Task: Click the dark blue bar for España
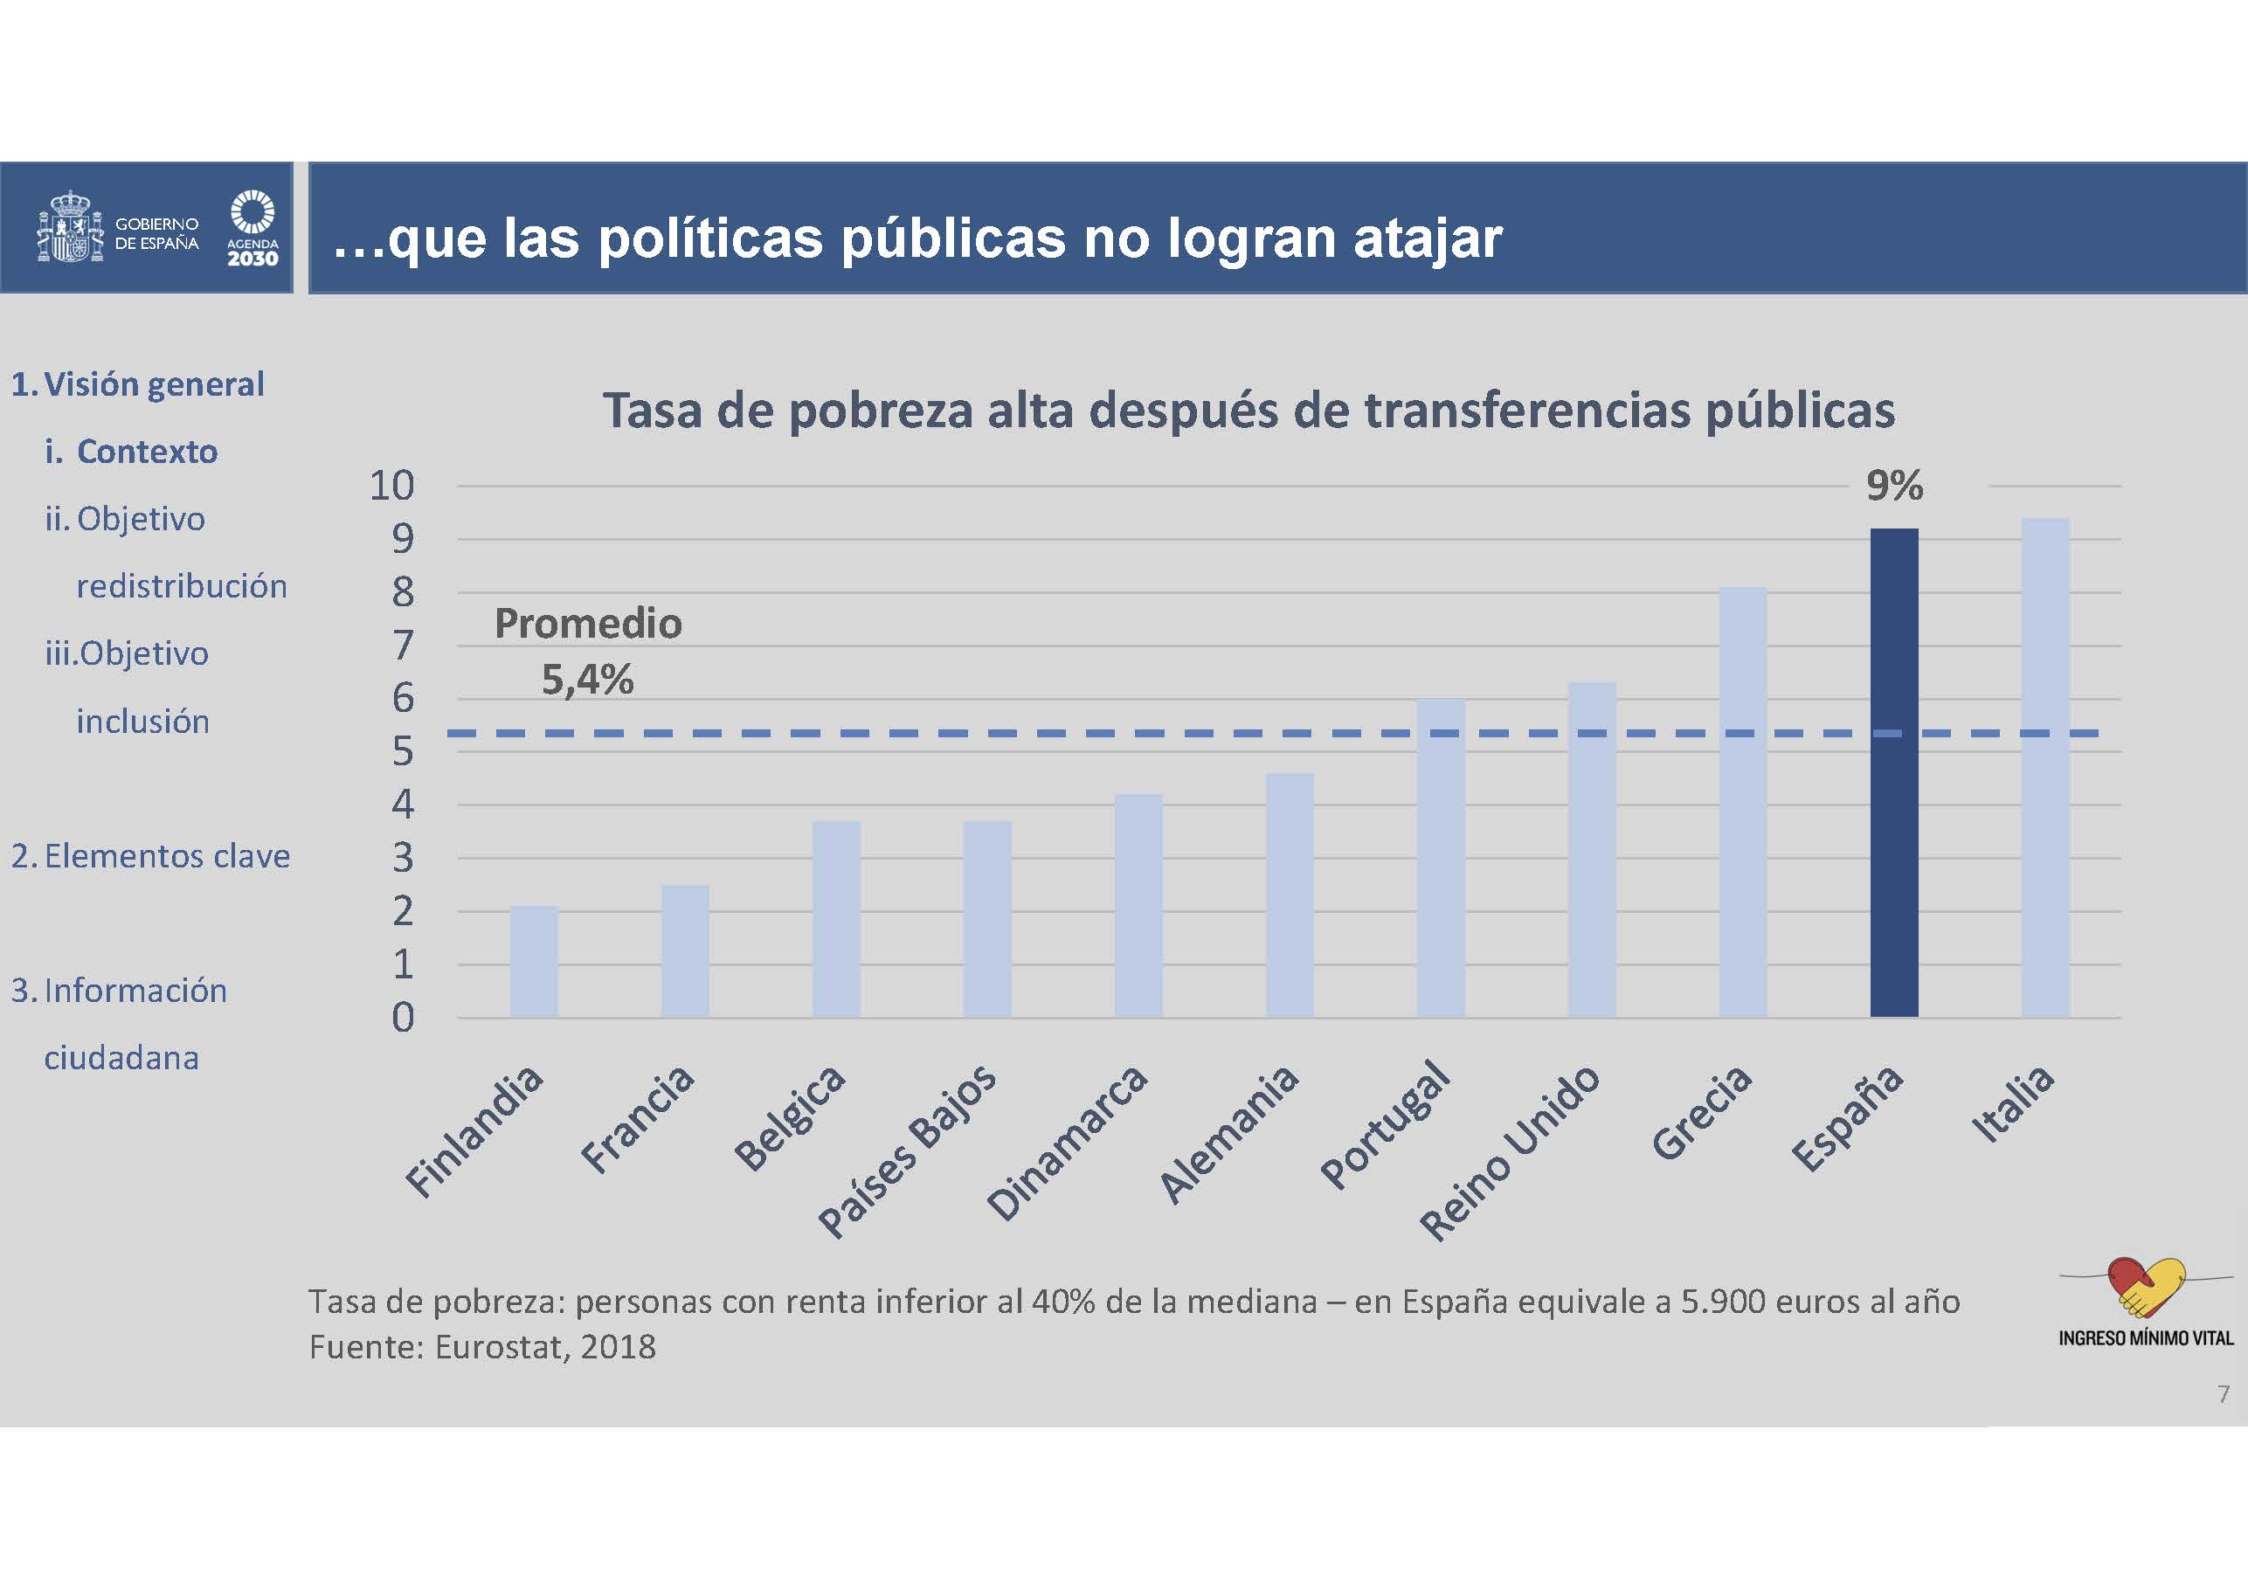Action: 1893,773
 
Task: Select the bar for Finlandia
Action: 534,962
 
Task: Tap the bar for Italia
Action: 2045,768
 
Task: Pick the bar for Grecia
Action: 1743,802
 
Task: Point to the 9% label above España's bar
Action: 1893,486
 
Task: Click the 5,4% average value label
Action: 587,680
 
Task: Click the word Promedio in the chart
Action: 587,624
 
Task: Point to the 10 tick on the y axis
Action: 391,486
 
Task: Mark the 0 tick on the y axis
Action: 403,1019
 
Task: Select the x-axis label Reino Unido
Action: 1509,1152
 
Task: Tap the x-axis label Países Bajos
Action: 907,1150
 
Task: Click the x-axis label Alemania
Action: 1228,1133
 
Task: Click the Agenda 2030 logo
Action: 252,228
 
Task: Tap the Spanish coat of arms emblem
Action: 70,228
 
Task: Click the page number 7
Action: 2224,1393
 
